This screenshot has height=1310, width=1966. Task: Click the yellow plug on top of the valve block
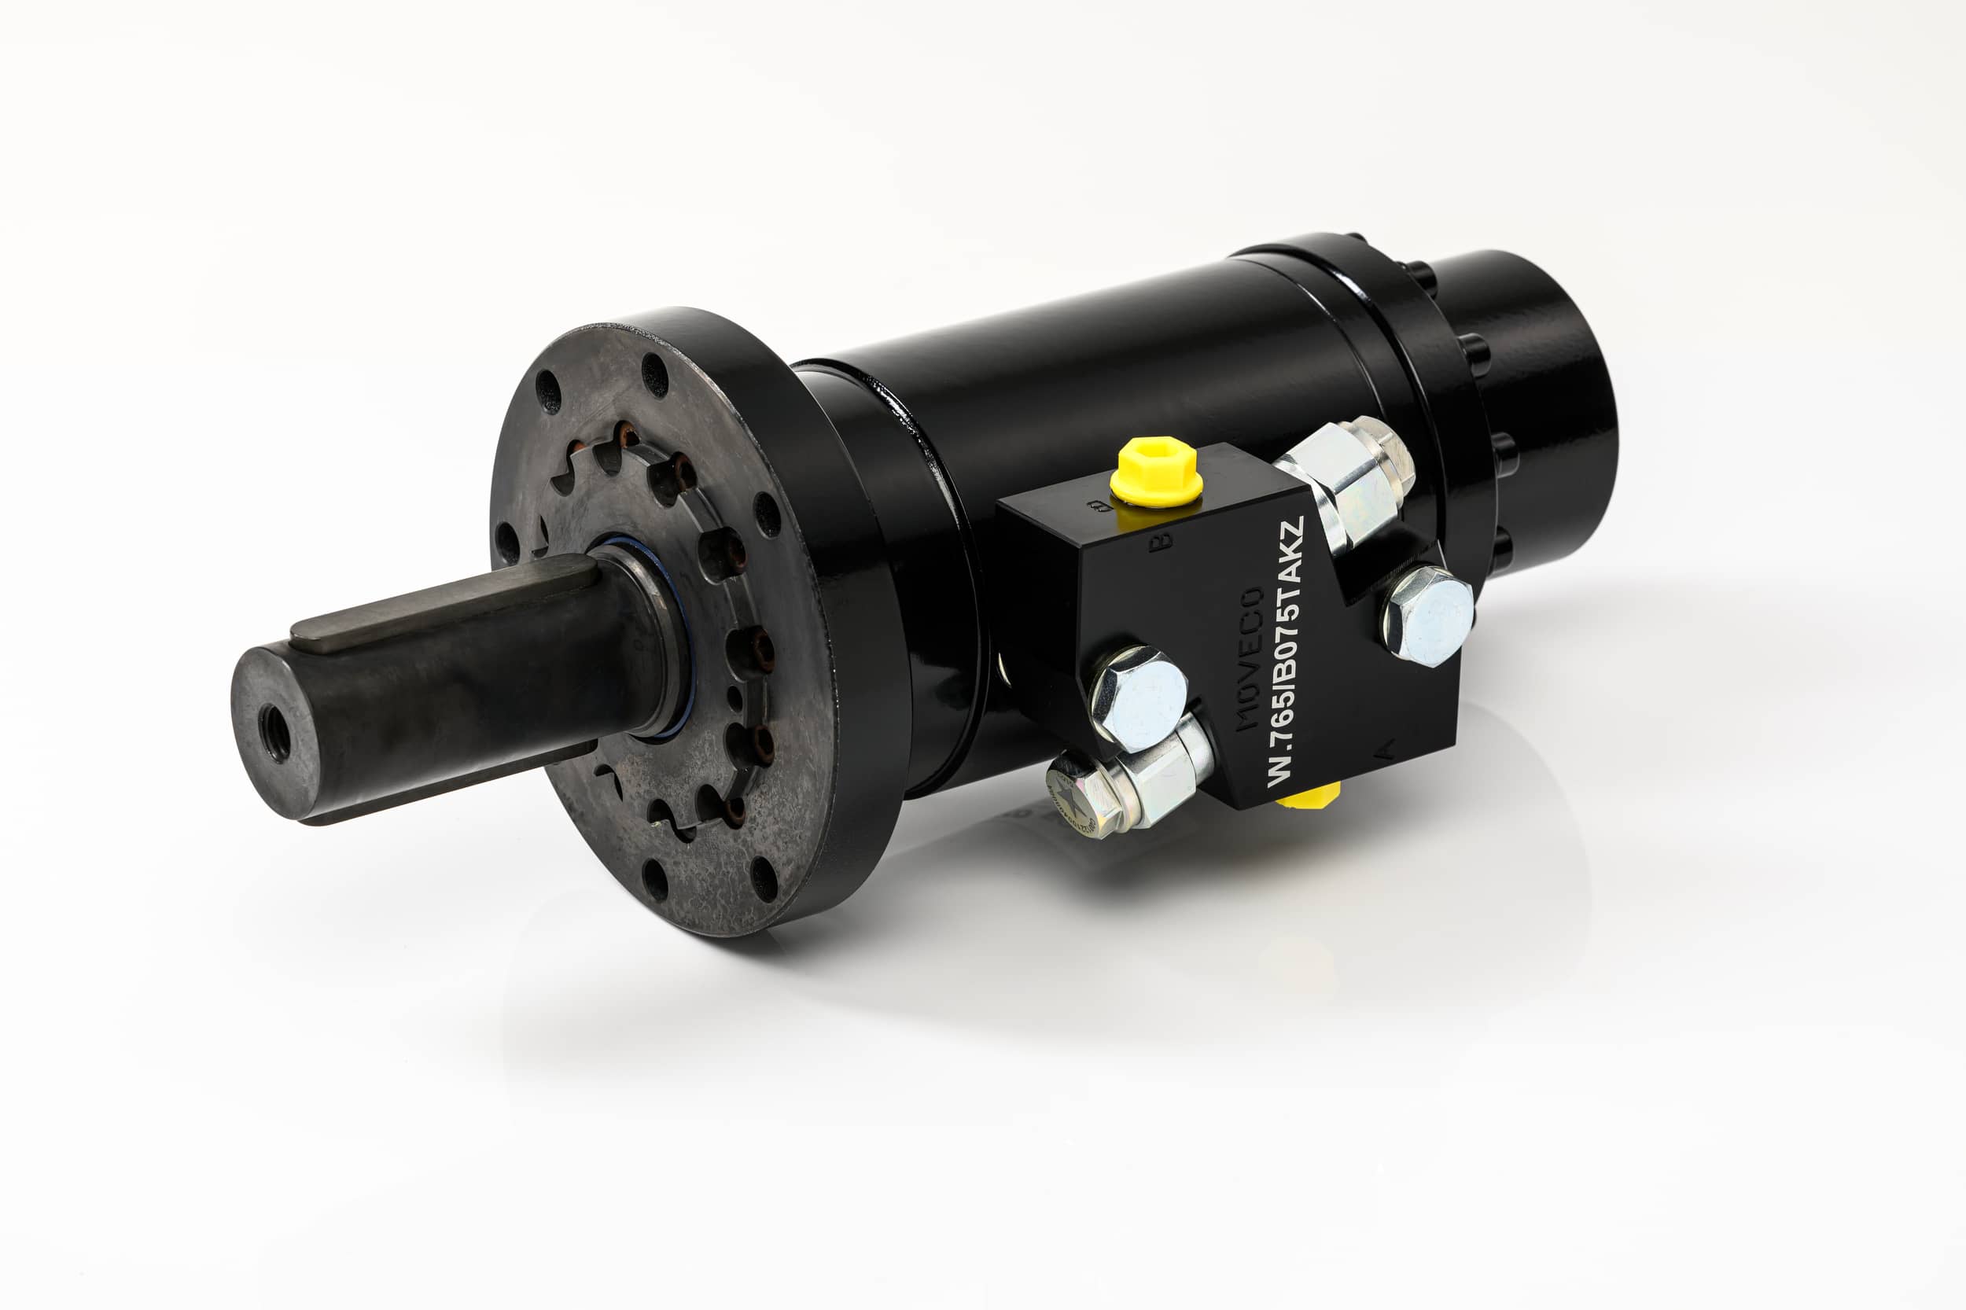click(1155, 471)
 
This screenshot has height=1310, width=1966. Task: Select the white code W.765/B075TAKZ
click(1285, 652)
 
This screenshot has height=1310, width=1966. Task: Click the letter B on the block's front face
click(1160, 541)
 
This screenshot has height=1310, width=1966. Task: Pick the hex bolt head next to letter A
click(1427, 616)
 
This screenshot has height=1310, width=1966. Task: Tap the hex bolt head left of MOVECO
click(1139, 697)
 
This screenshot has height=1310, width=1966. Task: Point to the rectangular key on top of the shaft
click(443, 603)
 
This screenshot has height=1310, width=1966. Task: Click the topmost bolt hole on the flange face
click(654, 374)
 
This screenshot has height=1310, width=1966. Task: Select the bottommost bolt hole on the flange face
click(655, 880)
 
